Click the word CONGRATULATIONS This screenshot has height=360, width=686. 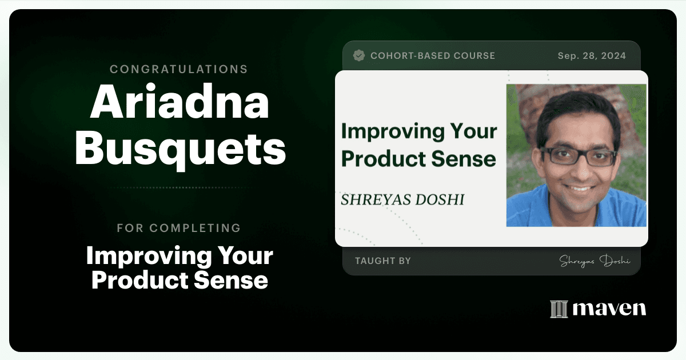(x=178, y=69)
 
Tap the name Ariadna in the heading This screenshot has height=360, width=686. (x=180, y=101)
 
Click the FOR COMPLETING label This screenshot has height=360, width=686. (x=179, y=228)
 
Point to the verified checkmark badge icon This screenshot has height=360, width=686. (x=359, y=55)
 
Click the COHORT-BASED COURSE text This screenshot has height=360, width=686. (x=433, y=56)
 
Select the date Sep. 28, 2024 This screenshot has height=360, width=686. (x=592, y=56)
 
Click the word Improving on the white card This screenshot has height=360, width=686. (x=393, y=131)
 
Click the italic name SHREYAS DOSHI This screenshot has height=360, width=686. (x=402, y=199)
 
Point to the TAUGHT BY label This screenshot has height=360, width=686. (x=383, y=261)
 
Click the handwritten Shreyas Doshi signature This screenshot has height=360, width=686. (x=595, y=261)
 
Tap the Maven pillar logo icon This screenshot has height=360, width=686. (x=559, y=309)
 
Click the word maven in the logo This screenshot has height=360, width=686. (x=609, y=309)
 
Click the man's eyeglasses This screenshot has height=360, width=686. (x=578, y=157)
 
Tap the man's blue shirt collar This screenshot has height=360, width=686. (x=576, y=211)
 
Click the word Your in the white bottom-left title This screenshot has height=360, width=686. (x=245, y=256)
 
